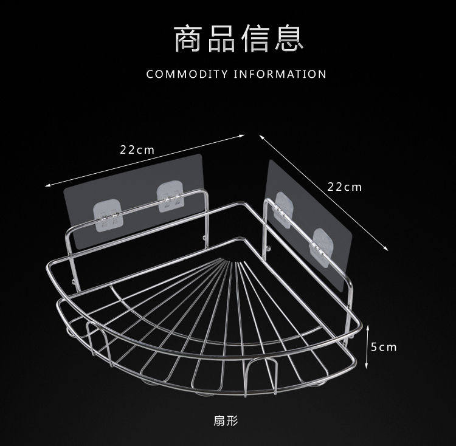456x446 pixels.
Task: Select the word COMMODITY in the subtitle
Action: pos(187,75)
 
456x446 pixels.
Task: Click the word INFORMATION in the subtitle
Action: pos(280,75)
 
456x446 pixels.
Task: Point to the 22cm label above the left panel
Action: pos(137,149)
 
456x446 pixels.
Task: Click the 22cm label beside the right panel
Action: pos(344,187)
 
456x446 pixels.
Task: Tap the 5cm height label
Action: pos(384,347)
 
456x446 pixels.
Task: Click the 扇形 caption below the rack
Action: pos(227,420)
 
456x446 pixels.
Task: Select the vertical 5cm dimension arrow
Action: pos(367,347)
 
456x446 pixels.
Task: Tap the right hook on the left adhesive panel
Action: pos(170,196)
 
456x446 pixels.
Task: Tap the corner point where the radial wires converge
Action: pos(229,261)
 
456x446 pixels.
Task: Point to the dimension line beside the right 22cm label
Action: pos(322,191)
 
